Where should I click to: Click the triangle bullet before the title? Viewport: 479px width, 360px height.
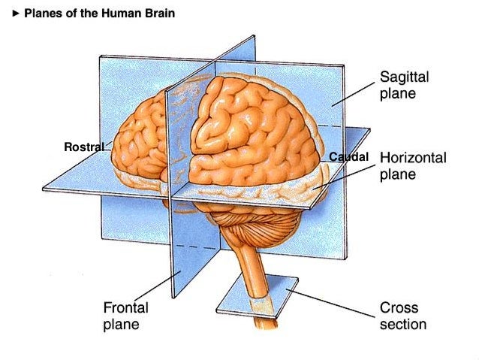[17, 14]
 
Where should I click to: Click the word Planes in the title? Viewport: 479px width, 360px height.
[41, 14]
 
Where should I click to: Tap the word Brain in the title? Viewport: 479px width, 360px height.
[159, 14]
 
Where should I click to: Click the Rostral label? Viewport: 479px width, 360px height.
[84, 147]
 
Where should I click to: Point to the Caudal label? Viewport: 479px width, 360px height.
[348, 157]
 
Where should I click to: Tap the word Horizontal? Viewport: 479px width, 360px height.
[413, 159]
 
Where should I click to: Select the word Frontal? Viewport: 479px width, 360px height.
[125, 308]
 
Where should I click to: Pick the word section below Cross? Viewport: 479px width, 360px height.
[403, 325]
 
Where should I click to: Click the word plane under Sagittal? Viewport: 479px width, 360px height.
[398, 95]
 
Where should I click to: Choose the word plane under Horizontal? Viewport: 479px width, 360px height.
[398, 175]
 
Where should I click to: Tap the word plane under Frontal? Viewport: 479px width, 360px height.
[121, 325]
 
